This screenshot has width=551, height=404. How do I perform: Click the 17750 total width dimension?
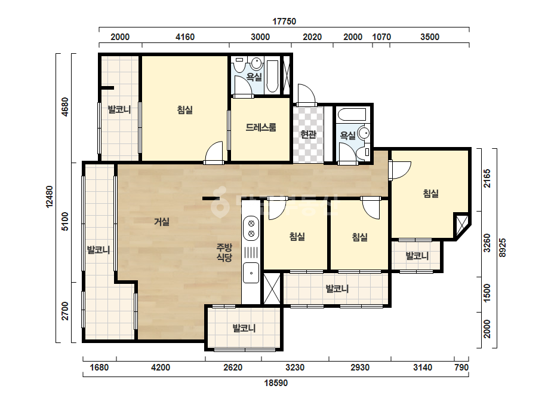284,22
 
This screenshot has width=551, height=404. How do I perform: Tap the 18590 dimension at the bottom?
276,383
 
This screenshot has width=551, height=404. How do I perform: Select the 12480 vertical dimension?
50,197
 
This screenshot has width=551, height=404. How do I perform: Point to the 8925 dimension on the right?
503,248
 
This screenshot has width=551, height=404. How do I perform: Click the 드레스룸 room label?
261,127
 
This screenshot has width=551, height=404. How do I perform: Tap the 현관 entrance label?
308,134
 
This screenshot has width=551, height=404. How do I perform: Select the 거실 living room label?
162,222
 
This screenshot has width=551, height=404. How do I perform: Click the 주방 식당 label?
224,252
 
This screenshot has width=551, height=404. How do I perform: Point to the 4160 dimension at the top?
185,37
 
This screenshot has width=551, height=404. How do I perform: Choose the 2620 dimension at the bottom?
233,368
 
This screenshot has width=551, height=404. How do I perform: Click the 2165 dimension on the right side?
487,179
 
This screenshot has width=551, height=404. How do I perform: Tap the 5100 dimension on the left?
65,222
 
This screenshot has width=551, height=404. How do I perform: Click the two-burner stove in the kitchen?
251,228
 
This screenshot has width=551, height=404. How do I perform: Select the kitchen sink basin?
251,273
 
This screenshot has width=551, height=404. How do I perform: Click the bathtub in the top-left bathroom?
272,76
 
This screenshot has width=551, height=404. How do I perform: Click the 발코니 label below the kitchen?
244,328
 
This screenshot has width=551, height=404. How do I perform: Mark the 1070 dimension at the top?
381,37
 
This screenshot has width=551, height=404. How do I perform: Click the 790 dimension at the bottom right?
461,368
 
